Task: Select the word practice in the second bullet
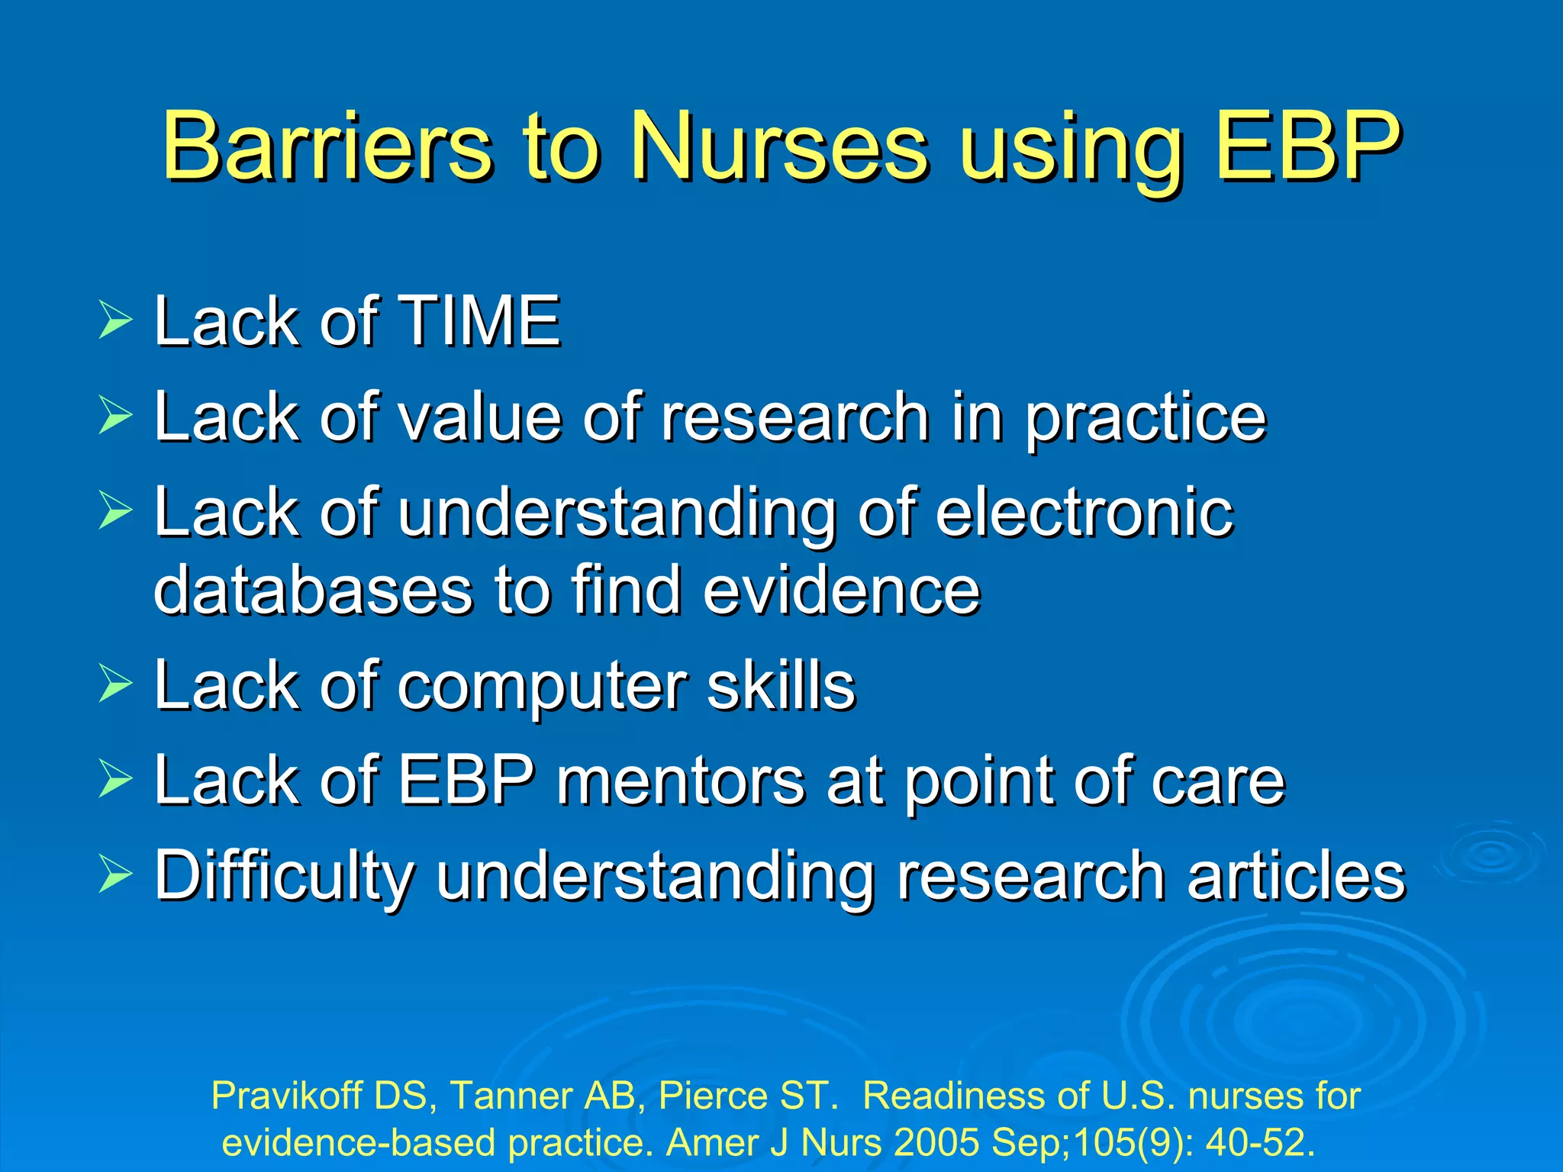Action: point(1145,417)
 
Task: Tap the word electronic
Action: point(1084,512)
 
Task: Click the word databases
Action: point(313,590)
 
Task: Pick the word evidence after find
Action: point(841,590)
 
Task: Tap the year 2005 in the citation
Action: point(936,1142)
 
